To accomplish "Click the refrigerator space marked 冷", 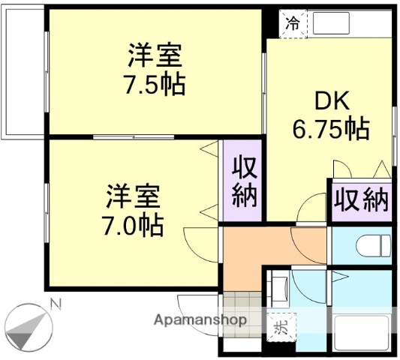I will point(293,23).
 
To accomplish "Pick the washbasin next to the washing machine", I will point(278,289).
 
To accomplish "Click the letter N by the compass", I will point(54,303).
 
